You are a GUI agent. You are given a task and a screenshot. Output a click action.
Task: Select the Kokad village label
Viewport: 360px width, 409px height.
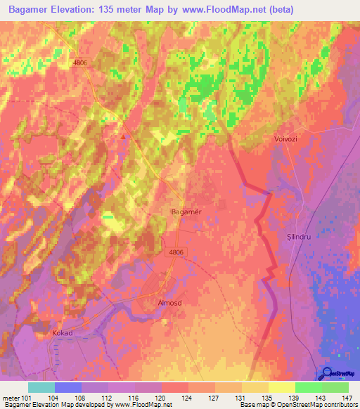62,332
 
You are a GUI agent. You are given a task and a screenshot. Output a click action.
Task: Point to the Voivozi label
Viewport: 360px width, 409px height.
286,140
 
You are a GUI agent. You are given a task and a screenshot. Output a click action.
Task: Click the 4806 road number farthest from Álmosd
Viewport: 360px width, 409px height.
81,63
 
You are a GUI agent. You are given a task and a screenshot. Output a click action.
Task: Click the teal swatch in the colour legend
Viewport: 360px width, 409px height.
41,387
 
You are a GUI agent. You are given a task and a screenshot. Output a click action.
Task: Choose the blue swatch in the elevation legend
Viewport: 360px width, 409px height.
68,387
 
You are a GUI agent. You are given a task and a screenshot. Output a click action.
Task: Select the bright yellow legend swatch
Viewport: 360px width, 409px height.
282,387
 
